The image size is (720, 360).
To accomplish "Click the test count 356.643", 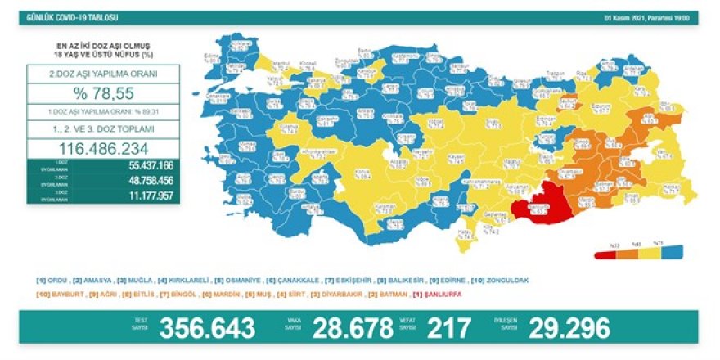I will pos(208,328).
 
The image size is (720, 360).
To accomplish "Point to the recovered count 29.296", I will pos(569,328).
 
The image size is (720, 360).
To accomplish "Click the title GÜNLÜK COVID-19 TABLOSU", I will pos(61,16).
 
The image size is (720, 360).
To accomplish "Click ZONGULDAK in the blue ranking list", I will pos(506,281).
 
